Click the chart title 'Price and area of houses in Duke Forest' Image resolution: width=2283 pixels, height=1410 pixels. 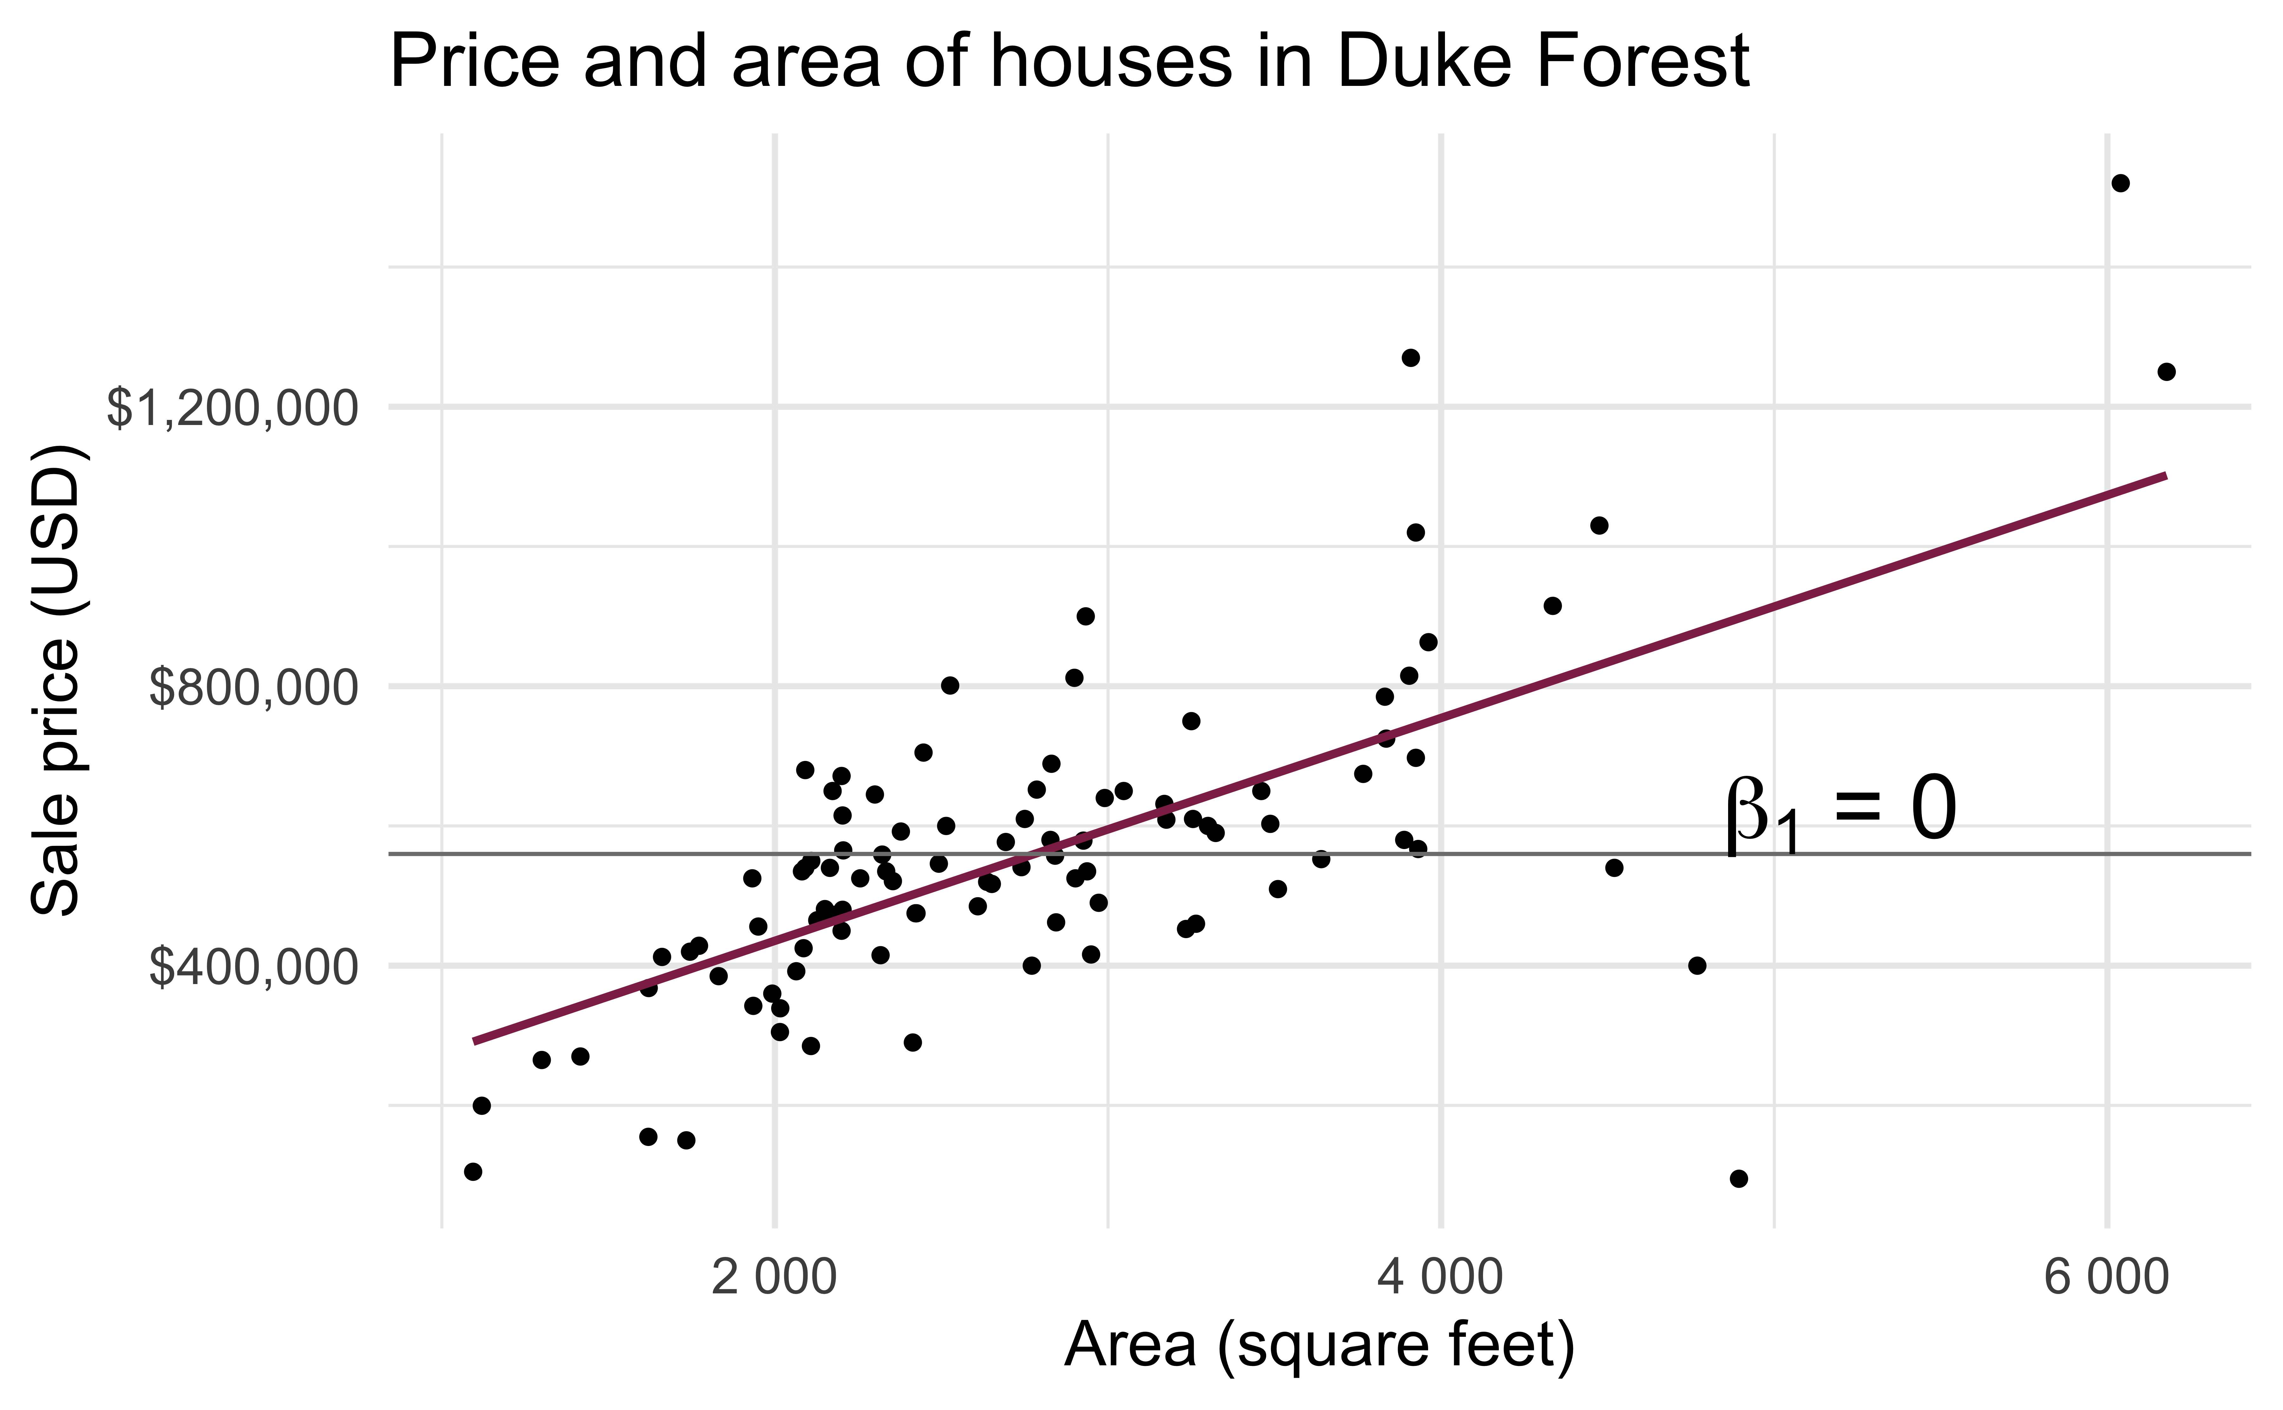click(x=1068, y=61)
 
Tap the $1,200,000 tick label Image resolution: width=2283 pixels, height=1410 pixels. click(x=232, y=409)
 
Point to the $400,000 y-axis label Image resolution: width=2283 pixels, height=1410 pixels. click(x=253, y=967)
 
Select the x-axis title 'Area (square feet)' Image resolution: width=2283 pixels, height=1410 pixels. click(x=1319, y=1346)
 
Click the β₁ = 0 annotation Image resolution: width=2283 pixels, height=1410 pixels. click(x=1840, y=811)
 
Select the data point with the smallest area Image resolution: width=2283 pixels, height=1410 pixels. click(x=473, y=1171)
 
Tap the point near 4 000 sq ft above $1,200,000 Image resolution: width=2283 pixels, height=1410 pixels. click(x=1411, y=358)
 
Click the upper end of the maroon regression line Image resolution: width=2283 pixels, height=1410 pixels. click(x=2164, y=476)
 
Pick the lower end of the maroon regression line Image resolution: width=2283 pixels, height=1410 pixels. click(x=475, y=1041)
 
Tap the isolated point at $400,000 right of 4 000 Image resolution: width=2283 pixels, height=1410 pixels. click(x=1697, y=965)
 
